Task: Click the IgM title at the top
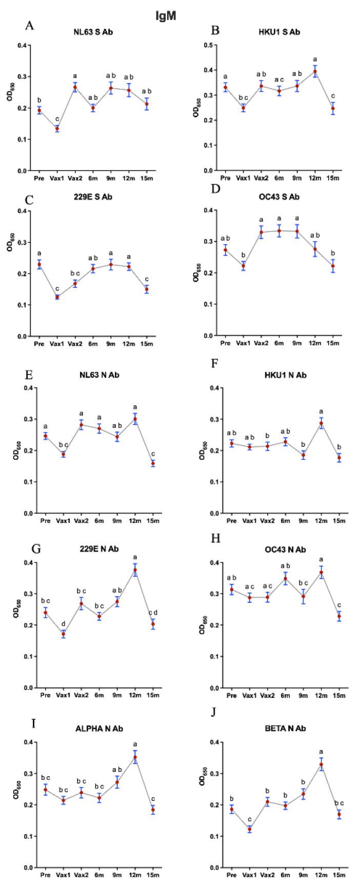point(166,16)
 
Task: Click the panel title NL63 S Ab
point(93,32)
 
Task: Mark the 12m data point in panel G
point(135,570)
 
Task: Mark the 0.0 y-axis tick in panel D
point(205,336)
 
